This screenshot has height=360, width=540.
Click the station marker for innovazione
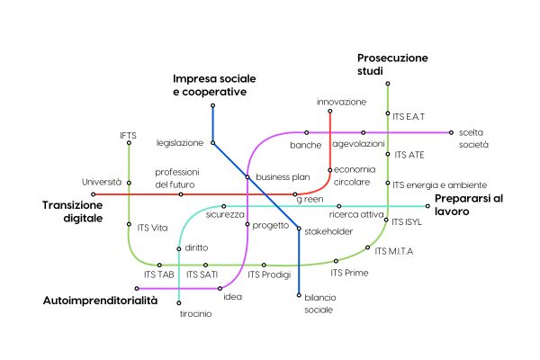[330, 111]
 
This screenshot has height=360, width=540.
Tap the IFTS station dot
[129, 143]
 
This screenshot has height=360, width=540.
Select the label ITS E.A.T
[409, 117]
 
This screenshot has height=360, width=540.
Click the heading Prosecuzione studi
[392, 65]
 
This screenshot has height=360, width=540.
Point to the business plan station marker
[247, 177]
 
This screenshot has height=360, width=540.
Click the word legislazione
[180, 143]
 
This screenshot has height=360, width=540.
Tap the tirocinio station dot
[179, 302]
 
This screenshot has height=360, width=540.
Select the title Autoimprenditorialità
[100, 301]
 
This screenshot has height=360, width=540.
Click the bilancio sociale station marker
[299, 295]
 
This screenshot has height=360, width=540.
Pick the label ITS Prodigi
[269, 274]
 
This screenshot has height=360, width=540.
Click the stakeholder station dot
[299, 229]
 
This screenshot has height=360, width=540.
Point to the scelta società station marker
[451, 132]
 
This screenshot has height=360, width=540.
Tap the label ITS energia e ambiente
[440, 185]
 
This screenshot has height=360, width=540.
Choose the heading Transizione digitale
[73, 211]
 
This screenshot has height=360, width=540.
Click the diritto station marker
[179, 248]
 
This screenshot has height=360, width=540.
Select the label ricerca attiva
[356, 214]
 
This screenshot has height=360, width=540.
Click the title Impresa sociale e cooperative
[214, 85]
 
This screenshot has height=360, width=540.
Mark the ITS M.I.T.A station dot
[367, 247]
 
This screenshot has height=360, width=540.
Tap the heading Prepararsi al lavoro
[469, 204]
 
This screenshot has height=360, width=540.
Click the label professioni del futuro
[177, 178]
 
